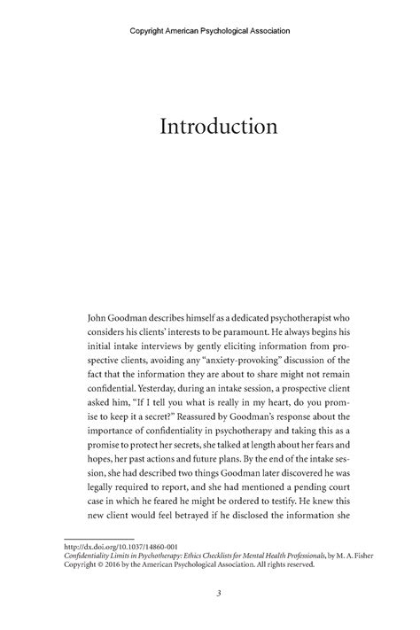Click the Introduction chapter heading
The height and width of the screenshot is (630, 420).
pyautogui.click(x=218, y=127)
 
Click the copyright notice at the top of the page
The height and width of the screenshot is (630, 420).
pyautogui.click(x=210, y=30)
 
